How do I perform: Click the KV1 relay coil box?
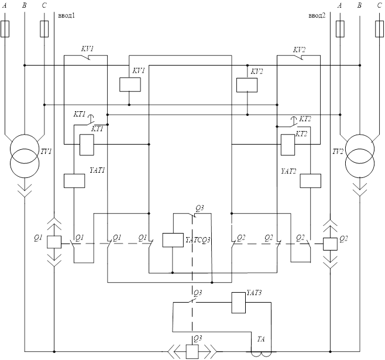coord(130,84)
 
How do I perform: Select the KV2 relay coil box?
coord(246,84)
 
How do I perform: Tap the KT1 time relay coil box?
coord(87,144)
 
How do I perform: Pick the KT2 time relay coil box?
coord(287,144)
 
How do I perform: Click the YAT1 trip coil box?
coord(74,180)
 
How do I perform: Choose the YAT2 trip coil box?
coord(311,180)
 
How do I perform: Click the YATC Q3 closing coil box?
coord(173,239)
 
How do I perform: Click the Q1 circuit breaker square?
coord(53,241)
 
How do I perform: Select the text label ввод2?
coord(317,14)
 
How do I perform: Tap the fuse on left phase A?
coord(6,28)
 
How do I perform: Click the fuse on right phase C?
coord(379,28)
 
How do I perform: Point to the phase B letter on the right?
coord(358,5)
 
